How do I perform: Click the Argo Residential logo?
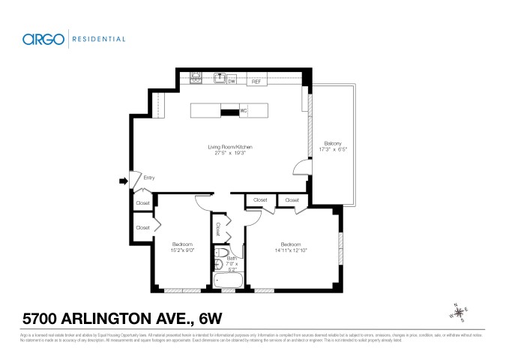[73, 39]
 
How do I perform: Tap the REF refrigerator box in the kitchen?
[256, 81]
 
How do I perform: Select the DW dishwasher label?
[232, 81]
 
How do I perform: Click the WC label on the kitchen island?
[244, 111]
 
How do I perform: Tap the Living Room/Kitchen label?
[231, 147]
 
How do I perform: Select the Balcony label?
[333, 143]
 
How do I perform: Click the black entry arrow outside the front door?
[122, 180]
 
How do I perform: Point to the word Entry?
[149, 178]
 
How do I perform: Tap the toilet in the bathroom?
[232, 252]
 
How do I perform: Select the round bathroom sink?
[218, 265]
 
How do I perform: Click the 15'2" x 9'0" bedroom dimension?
[183, 250]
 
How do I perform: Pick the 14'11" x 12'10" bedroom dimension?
[291, 250]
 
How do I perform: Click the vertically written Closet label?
[218, 226]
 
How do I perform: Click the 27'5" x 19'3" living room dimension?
[231, 154]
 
